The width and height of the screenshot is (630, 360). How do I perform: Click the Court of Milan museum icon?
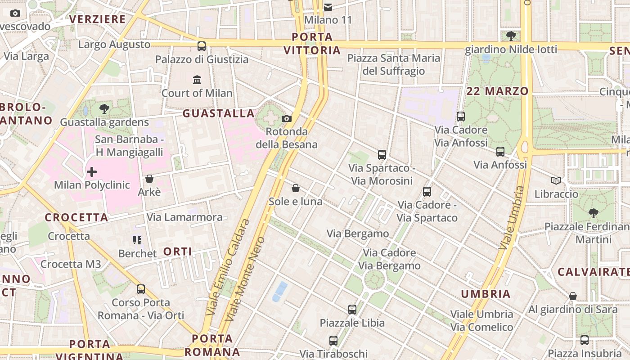(x=197, y=80)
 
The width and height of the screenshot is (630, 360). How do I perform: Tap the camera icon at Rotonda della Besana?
(x=286, y=119)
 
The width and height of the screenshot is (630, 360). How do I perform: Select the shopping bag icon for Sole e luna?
(x=296, y=188)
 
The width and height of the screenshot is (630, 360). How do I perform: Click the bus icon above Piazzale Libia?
(x=352, y=309)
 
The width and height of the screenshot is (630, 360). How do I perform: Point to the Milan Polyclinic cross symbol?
(x=92, y=172)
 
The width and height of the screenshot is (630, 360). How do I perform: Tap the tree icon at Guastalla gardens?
(x=104, y=108)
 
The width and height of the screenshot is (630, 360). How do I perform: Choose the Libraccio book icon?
(x=556, y=180)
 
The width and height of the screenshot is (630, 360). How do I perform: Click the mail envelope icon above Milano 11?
(x=328, y=7)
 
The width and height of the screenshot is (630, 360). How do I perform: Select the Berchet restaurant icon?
(x=137, y=240)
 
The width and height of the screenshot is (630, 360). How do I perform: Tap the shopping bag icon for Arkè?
(x=149, y=179)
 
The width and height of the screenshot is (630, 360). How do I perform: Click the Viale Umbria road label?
(x=512, y=218)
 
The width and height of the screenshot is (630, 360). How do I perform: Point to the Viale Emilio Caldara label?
(x=227, y=267)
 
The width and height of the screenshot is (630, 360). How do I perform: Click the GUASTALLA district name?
(x=219, y=113)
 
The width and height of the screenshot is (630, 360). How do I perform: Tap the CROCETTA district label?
(x=76, y=217)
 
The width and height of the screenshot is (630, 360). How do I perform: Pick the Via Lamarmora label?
(x=184, y=217)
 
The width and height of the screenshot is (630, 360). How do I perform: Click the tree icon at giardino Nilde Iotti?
(x=511, y=36)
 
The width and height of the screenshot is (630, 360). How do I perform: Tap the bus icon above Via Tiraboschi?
(x=333, y=341)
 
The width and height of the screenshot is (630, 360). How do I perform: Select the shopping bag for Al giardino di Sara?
(x=572, y=296)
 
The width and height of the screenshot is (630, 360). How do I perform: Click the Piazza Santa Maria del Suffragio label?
(x=394, y=64)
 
